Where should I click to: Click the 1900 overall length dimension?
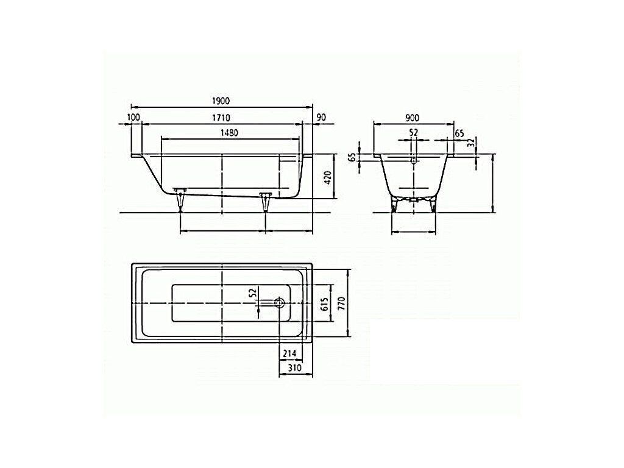coord(221,101)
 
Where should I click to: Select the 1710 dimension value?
coord(221,118)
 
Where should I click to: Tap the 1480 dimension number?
coord(229,133)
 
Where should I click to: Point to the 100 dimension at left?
coord(133,118)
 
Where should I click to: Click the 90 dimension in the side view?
coord(322,118)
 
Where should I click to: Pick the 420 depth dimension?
coord(328,177)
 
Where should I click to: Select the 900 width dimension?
coord(413,118)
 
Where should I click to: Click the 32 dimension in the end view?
coord(471,143)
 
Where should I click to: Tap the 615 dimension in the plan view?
coord(324,305)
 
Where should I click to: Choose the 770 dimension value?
coord(341,304)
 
